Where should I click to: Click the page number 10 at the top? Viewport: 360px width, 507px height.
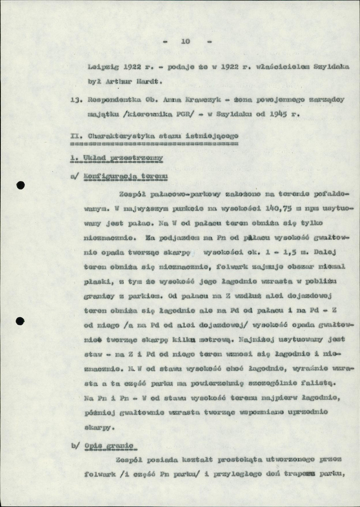(185, 41)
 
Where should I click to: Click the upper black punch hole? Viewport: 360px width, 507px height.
(22, 185)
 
